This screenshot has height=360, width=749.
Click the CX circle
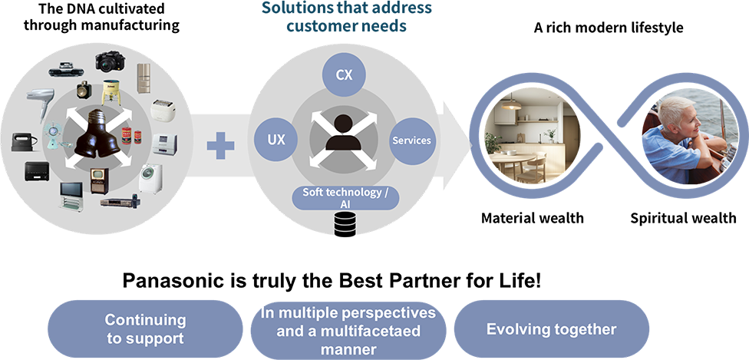click(343, 75)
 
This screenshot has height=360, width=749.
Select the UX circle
click(276, 140)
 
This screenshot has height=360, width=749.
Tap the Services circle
click(411, 140)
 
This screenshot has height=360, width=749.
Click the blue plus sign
click(221, 144)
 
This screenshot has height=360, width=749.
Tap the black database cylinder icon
click(344, 225)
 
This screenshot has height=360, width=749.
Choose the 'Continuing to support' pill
click(145, 329)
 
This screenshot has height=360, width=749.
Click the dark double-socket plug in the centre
click(98, 134)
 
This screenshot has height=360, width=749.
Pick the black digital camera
click(108, 61)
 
